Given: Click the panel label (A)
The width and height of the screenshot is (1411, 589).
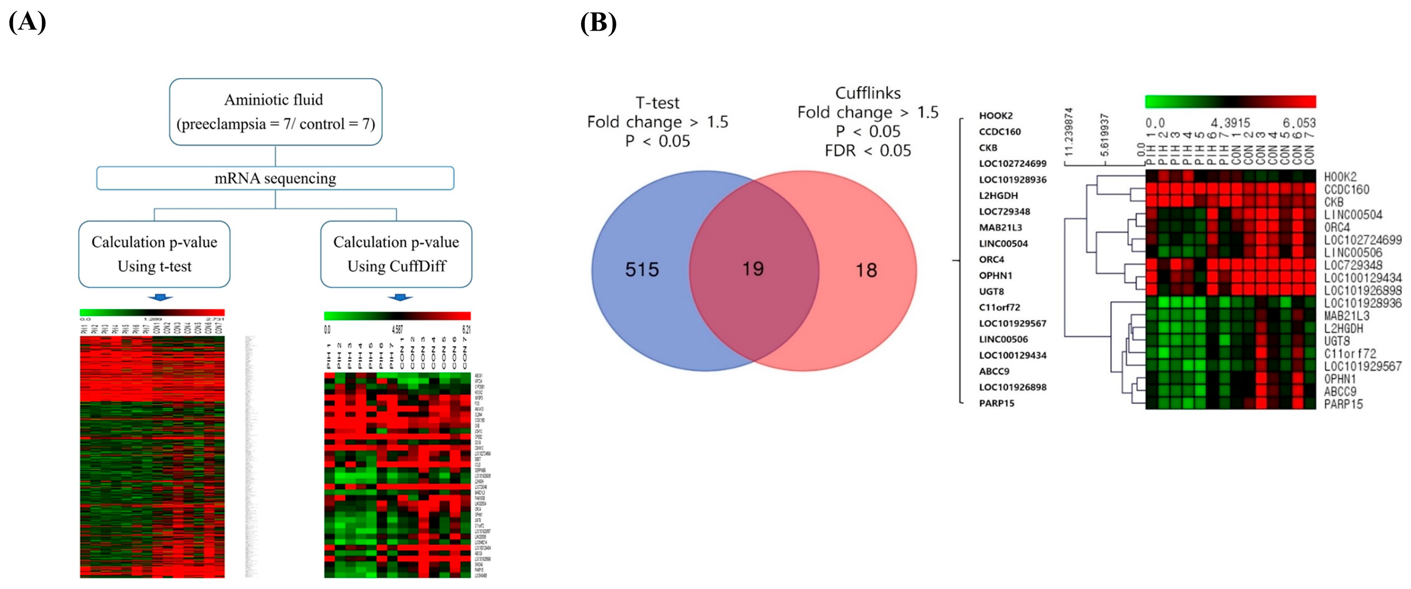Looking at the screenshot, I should [x=27, y=22].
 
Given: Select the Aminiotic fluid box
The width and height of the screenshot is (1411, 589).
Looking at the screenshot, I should [x=275, y=112].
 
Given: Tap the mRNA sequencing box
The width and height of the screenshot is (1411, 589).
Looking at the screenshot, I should [x=275, y=178].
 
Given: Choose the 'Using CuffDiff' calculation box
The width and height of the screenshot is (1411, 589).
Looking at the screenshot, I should [x=396, y=254].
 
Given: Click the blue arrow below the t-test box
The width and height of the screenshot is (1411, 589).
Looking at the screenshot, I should [x=160, y=297].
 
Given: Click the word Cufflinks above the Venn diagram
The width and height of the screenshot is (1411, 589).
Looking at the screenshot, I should [x=867, y=93].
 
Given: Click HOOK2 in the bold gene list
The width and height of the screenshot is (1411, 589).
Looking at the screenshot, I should [x=996, y=116].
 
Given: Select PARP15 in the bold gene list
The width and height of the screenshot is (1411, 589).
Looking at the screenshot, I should [x=996, y=403].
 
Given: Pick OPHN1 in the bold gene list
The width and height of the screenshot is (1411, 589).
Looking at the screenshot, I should [x=995, y=275].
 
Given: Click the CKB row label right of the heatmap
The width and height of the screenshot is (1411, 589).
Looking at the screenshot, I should [x=1334, y=202].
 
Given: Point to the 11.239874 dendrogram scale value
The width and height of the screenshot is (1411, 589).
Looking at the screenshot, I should [x=1068, y=132].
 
